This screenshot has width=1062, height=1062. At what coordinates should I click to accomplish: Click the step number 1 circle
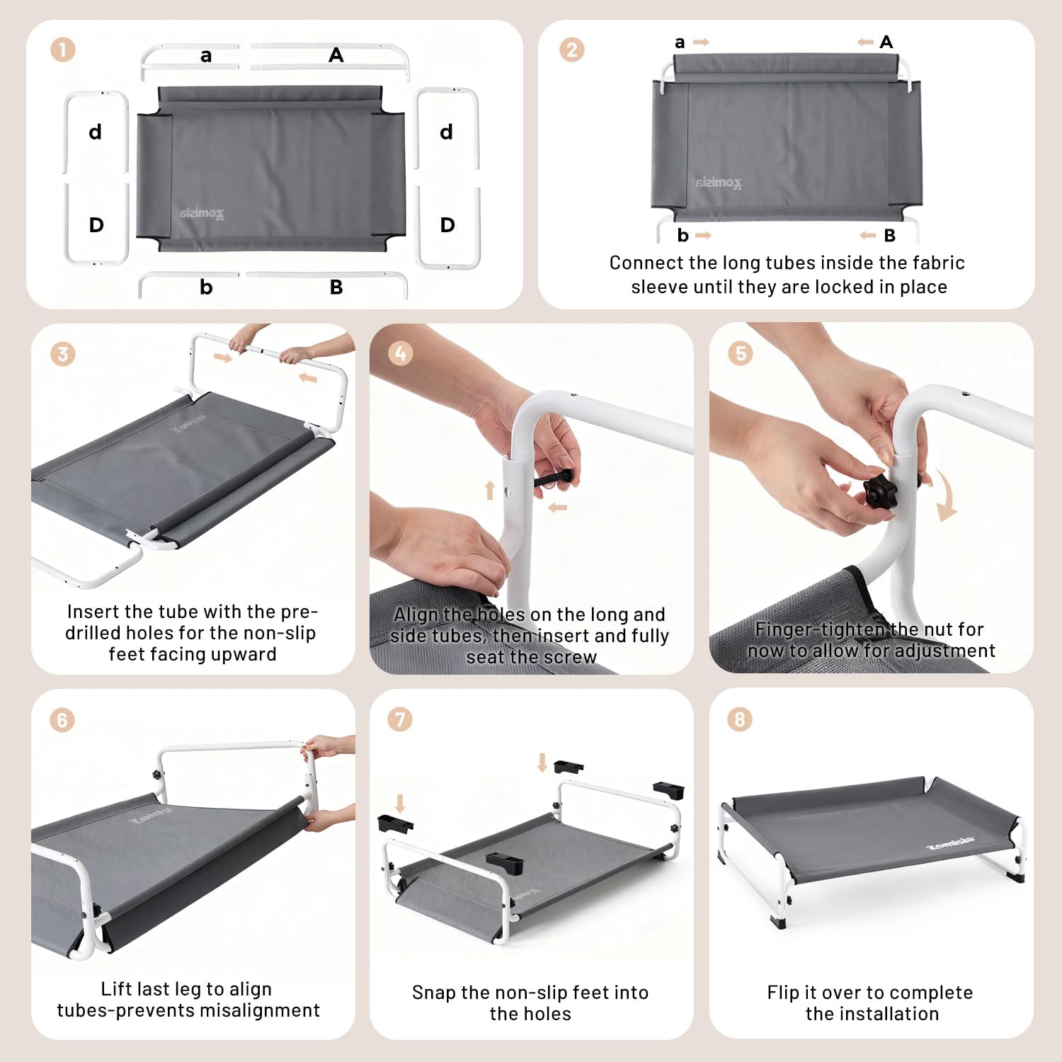(63, 50)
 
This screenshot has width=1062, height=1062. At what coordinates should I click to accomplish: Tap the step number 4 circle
(401, 353)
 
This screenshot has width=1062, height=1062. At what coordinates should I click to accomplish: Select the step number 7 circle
(400, 719)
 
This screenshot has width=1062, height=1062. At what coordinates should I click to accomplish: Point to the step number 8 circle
(740, 719)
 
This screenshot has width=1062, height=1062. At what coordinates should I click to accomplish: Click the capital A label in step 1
(336, 55)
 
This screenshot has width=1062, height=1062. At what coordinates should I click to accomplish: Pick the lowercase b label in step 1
(206, 287)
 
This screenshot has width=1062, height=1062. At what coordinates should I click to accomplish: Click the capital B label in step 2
(890, 236)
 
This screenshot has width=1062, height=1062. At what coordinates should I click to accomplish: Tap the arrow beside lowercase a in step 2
(701, 42)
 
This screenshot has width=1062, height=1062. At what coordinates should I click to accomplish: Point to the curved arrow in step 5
(947, 496)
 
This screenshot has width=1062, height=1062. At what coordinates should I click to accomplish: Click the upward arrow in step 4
(489, 490)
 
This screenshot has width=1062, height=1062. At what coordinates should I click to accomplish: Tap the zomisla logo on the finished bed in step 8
(950, 845)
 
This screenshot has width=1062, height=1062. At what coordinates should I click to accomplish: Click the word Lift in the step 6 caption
(116, 988)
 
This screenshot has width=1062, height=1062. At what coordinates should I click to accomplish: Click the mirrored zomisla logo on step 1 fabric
(201, 213)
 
